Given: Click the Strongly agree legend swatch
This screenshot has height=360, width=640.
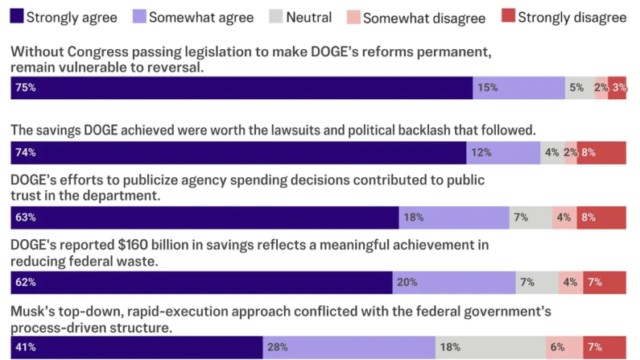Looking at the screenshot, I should click(15, 15).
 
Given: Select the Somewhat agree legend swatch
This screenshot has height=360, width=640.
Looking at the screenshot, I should click(137, 15).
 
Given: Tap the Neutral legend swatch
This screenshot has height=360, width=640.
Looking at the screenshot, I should click(276, 15).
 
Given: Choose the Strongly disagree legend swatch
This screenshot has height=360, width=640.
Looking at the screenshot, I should click(507, 15).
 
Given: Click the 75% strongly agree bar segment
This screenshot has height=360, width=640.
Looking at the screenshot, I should click(242, 88).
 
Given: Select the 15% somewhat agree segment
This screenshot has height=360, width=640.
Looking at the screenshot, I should click(518, 88).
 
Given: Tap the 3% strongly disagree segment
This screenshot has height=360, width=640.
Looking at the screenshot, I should click(617, 88).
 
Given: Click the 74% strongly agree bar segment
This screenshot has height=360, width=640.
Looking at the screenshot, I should click(238, 152).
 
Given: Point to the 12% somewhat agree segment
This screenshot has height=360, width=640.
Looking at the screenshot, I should click(503, 152).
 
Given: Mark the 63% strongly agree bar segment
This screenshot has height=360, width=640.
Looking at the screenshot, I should click(204, 217).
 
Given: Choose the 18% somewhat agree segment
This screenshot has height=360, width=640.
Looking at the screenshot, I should click(454, 217).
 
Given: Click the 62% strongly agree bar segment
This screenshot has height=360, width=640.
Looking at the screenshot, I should click(201, 282).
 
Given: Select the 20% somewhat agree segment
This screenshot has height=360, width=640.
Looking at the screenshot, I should click(454, 282).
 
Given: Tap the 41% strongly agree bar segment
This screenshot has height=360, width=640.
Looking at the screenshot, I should click(137, 347).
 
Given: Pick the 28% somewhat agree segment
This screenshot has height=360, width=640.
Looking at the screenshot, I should click(349, 347).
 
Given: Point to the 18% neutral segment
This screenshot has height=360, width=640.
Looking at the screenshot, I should click(490, 347).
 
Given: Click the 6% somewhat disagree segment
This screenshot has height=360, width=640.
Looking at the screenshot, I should click(564, 347).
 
